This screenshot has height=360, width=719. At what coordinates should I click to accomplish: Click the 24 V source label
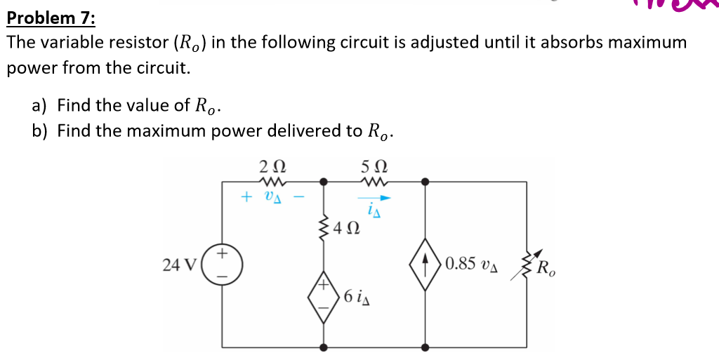179,265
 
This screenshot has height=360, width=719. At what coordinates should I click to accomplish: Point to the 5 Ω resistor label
374,168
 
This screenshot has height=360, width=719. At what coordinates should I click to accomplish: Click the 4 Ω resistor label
348,228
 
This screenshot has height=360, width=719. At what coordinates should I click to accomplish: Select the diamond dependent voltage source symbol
324,297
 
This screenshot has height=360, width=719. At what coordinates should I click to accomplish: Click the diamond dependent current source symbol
425,265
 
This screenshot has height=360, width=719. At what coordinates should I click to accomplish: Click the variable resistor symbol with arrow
526,265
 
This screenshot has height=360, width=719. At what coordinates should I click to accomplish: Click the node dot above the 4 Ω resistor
324,181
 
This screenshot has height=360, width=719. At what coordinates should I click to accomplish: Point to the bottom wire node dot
324,347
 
